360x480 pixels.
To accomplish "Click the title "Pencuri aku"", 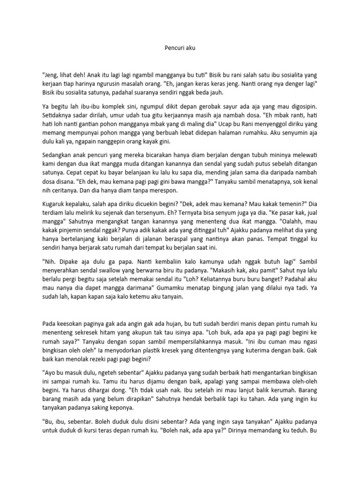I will (180, 47).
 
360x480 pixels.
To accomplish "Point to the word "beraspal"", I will (188, 239).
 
